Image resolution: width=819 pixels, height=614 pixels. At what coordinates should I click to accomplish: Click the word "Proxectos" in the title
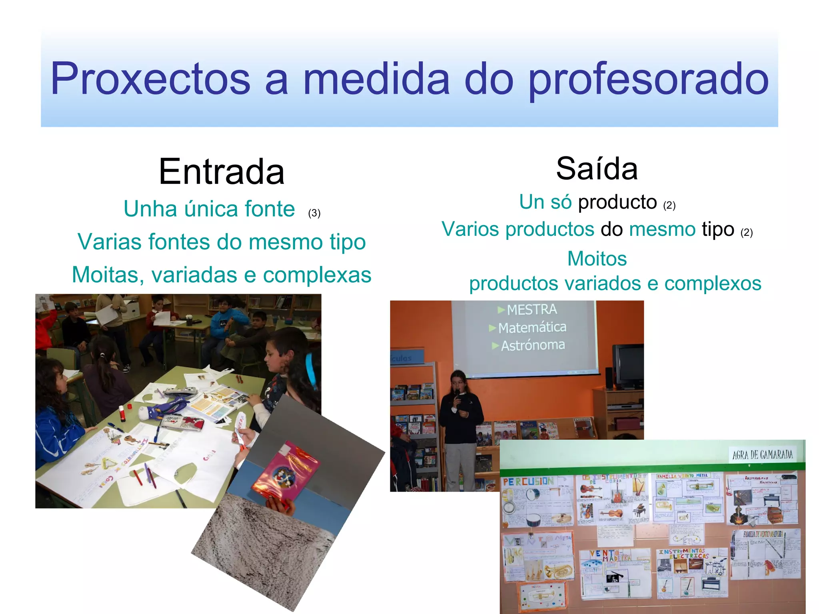tap(150, 79)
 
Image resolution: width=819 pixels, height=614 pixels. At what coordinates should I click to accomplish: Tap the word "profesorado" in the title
tap(648, 79)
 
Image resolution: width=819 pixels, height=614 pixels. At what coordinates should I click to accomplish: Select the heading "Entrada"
tap(222, 171)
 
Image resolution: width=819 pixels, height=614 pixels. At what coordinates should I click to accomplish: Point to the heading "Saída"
tap(597, 169)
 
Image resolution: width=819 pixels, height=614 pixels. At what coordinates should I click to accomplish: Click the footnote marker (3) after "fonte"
tap(314, 213)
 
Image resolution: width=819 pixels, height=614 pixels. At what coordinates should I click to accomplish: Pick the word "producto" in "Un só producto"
tap(617, 202)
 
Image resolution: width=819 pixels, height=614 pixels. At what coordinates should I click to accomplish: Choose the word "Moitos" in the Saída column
tap(597, 259)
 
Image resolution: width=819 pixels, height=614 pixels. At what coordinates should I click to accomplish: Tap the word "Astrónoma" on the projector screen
tap(533, 345)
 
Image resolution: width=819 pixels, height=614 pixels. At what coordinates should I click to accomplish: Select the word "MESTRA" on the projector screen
tap(531, 309)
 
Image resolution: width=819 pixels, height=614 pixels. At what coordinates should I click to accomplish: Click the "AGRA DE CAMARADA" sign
tap(762, 455)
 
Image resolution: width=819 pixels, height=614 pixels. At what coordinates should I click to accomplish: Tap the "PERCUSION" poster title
tap(528, 482)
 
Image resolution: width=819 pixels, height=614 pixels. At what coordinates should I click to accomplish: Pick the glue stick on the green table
tap(122, 413)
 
